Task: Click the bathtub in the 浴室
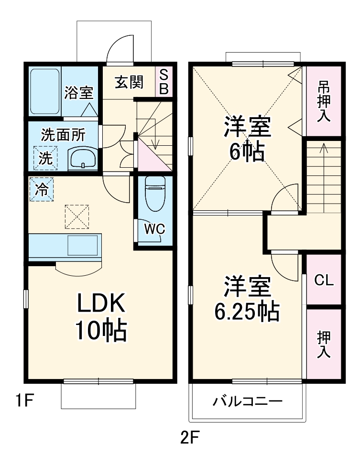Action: (45, 91)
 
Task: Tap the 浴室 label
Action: (79, 92)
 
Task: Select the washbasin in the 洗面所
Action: (83, 158)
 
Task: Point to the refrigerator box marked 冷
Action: (42, 189)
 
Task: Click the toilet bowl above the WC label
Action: (154, 193)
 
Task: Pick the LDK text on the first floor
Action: (101, 303)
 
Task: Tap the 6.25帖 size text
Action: (246, 312)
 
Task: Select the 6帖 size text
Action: (247, 152)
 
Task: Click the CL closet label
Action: (324, 281)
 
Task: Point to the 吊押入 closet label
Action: (324, 102)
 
